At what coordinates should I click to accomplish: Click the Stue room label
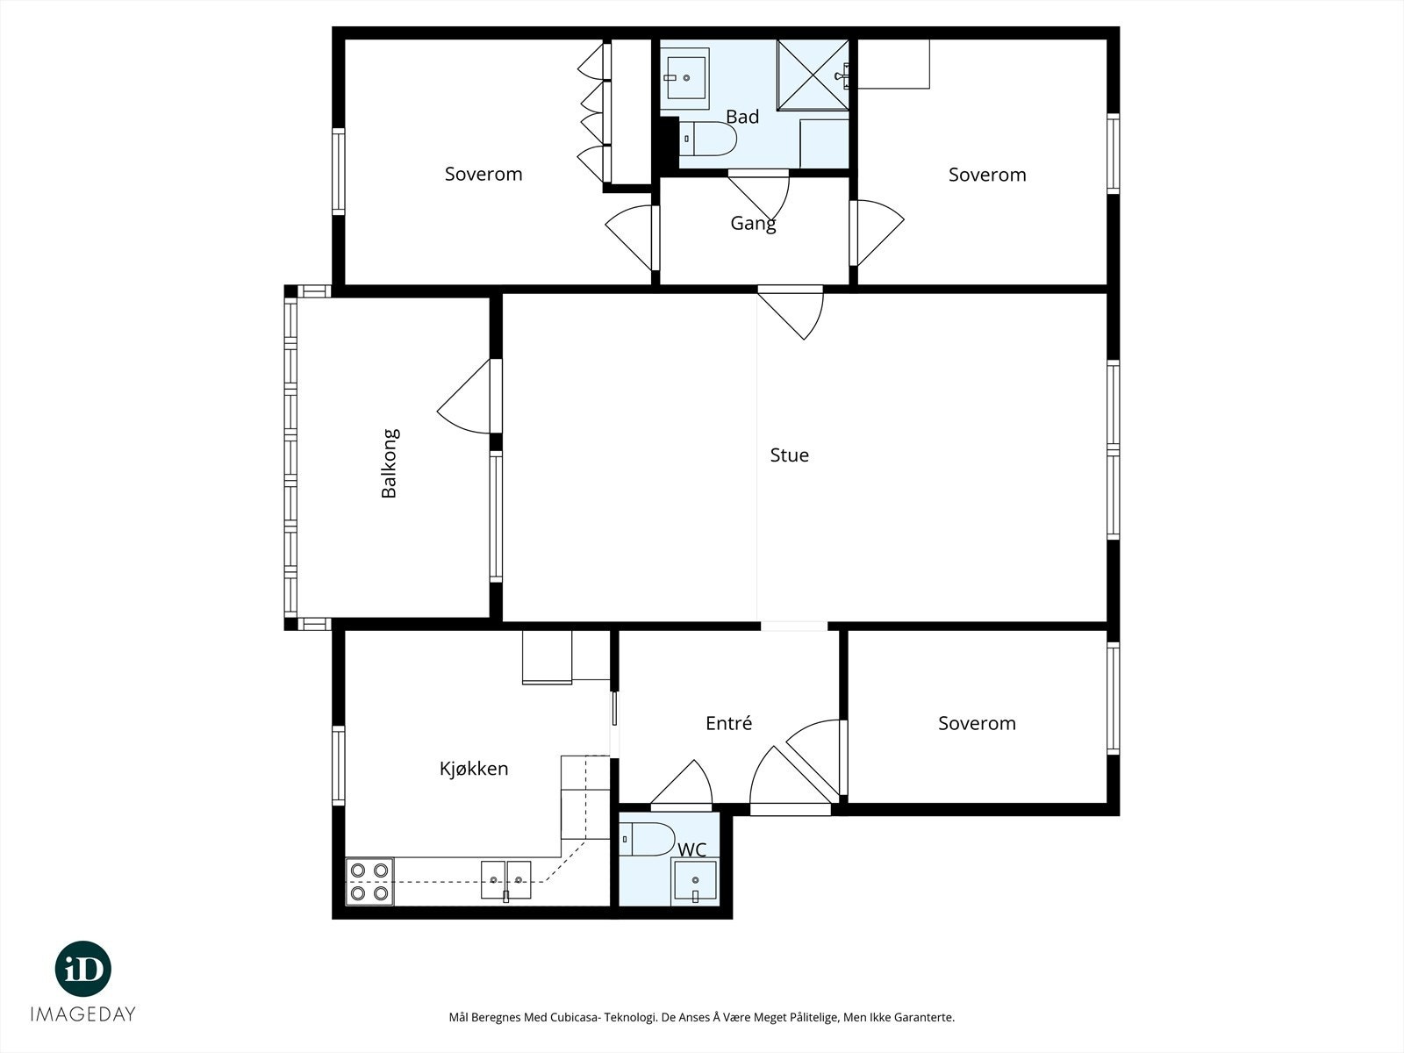coord(789,455)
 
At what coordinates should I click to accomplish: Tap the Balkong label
coord(389,463)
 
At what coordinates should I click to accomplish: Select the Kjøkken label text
coord(474,768)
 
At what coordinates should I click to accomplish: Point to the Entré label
coord(728,722)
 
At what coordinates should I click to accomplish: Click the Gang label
coord(754,224)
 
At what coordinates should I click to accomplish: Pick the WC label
coord(692,849)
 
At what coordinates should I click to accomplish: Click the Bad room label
coord(742,117)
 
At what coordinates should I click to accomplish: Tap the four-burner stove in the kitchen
coord(369,882)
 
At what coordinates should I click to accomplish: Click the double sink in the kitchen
coord(506,880)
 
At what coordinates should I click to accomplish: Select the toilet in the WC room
coord(648,839)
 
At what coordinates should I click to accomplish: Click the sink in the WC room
coord(695,881)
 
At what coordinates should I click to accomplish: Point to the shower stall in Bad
coord(813,75)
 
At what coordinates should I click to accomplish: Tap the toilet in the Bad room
coord(707,139)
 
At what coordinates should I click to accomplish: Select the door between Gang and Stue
coord(791,312)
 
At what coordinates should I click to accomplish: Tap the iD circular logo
coord(83,969)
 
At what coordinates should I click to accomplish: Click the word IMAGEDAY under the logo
coord(83,1014)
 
